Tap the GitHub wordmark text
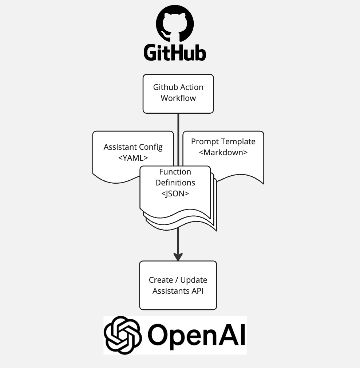175,52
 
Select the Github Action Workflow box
178,93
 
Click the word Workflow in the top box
178,98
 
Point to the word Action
191,87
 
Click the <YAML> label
133,158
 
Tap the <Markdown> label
223,152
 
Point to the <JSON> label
175,193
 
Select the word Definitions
175,183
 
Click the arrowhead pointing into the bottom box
178,256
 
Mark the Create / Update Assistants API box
178,285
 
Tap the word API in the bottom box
196,291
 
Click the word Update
194,280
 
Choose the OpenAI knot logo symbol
122,335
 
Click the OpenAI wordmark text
197,335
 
